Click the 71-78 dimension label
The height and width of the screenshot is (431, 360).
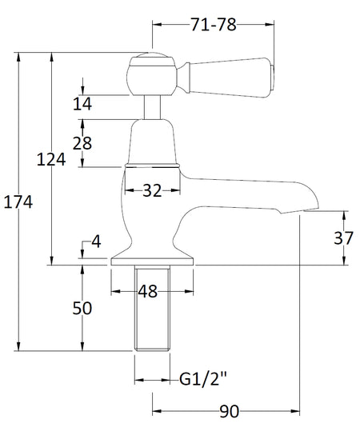pos(214,25)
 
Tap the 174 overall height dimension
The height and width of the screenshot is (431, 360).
pos(18,202)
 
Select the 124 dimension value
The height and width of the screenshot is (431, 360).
pos(51,159)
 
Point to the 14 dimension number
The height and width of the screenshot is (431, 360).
pos(82,104)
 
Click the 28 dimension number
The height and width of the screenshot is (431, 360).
pos(82,143)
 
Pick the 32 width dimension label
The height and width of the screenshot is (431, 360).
pos(152,190)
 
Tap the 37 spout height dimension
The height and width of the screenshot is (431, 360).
pos(343,238)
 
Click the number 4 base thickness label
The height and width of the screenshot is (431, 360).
pos(96,242)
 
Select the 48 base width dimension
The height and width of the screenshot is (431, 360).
pos(148,291)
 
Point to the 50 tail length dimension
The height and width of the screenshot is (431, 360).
pos(82,308)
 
